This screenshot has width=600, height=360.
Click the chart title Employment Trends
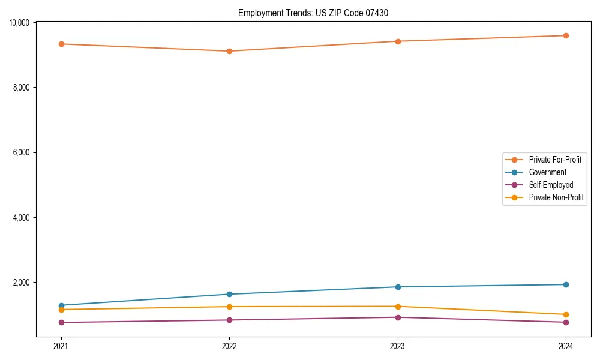pyautogui.click(x=313, y=13)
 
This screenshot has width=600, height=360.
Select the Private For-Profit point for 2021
pyautogui.click(x=61, y=44)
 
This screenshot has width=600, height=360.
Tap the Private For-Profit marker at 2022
pyautogui.click(x=229, y=51)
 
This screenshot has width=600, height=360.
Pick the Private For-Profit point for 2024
pyautogui.click(x=566, y=35)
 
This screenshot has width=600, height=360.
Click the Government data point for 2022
pyautogui.click(x=229, y=294)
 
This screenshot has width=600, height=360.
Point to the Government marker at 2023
pyautogui.click(x=398, y=287)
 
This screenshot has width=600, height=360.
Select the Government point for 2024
pyautogui.click(x=566, y=284)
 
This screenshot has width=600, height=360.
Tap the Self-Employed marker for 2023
pyautogui.click(x=398, y=317)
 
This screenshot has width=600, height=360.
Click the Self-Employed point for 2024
pyautogui.click(x=566, y=322)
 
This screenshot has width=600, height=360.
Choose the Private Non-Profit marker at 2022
pyautogui.click(x=229, y=307)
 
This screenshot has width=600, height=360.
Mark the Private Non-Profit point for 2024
pyautogui.click(x=566, y=314)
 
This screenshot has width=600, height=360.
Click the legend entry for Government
pyautogui.click(x=547, y=172)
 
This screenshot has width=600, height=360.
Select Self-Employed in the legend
pyautogui.click(x=551, y=185)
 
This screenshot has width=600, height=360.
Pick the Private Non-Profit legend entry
pyautogui.click(x=556, y=197)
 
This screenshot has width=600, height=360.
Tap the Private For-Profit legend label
pyautogui.click(x=555, y=160)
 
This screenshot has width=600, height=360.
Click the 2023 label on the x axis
pyautogui.click(x=398, y=346)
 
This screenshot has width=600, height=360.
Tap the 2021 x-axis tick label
pyautogui.click(x=61, y=346)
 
